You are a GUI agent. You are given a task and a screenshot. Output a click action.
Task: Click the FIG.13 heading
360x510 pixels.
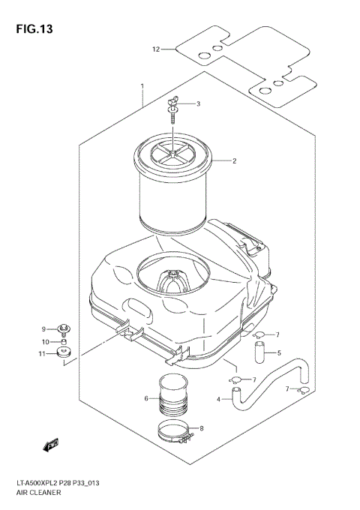tap(31, 31)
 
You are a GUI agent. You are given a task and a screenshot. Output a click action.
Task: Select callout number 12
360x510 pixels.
tap(156, 49)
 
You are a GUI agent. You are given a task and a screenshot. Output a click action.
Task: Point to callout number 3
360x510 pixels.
tap(198, 103)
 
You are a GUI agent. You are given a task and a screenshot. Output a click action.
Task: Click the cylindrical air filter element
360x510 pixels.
tap(173, 187)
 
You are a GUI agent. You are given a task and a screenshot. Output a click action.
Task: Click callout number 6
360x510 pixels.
tap(146, 398)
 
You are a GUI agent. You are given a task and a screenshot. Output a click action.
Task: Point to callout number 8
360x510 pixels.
tap(200, 429)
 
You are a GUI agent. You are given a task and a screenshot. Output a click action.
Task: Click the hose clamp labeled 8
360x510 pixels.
tap(176, 431)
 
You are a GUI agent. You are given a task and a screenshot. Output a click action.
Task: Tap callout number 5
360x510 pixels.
tap(279, 352)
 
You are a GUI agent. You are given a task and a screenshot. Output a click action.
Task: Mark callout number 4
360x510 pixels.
tap(219, 399)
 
